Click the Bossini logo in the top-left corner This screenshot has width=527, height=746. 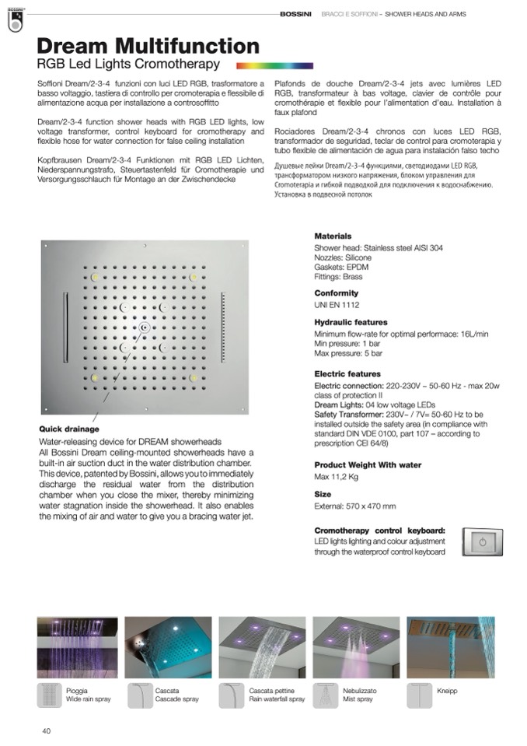point(14,21)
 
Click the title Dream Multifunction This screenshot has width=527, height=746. point(148,46)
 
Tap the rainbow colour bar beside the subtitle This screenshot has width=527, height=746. point(274,66)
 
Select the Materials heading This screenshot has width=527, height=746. point(333,236)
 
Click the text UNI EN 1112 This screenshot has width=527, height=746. point(337,305)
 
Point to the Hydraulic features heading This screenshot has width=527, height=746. point(351,322)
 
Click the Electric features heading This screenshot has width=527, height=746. point(347,374)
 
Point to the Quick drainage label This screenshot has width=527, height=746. point(69,429)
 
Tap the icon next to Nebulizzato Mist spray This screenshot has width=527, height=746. point(325,694)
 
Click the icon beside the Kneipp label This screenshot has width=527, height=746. point(420,694)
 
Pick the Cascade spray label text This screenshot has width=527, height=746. point(176,699)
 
